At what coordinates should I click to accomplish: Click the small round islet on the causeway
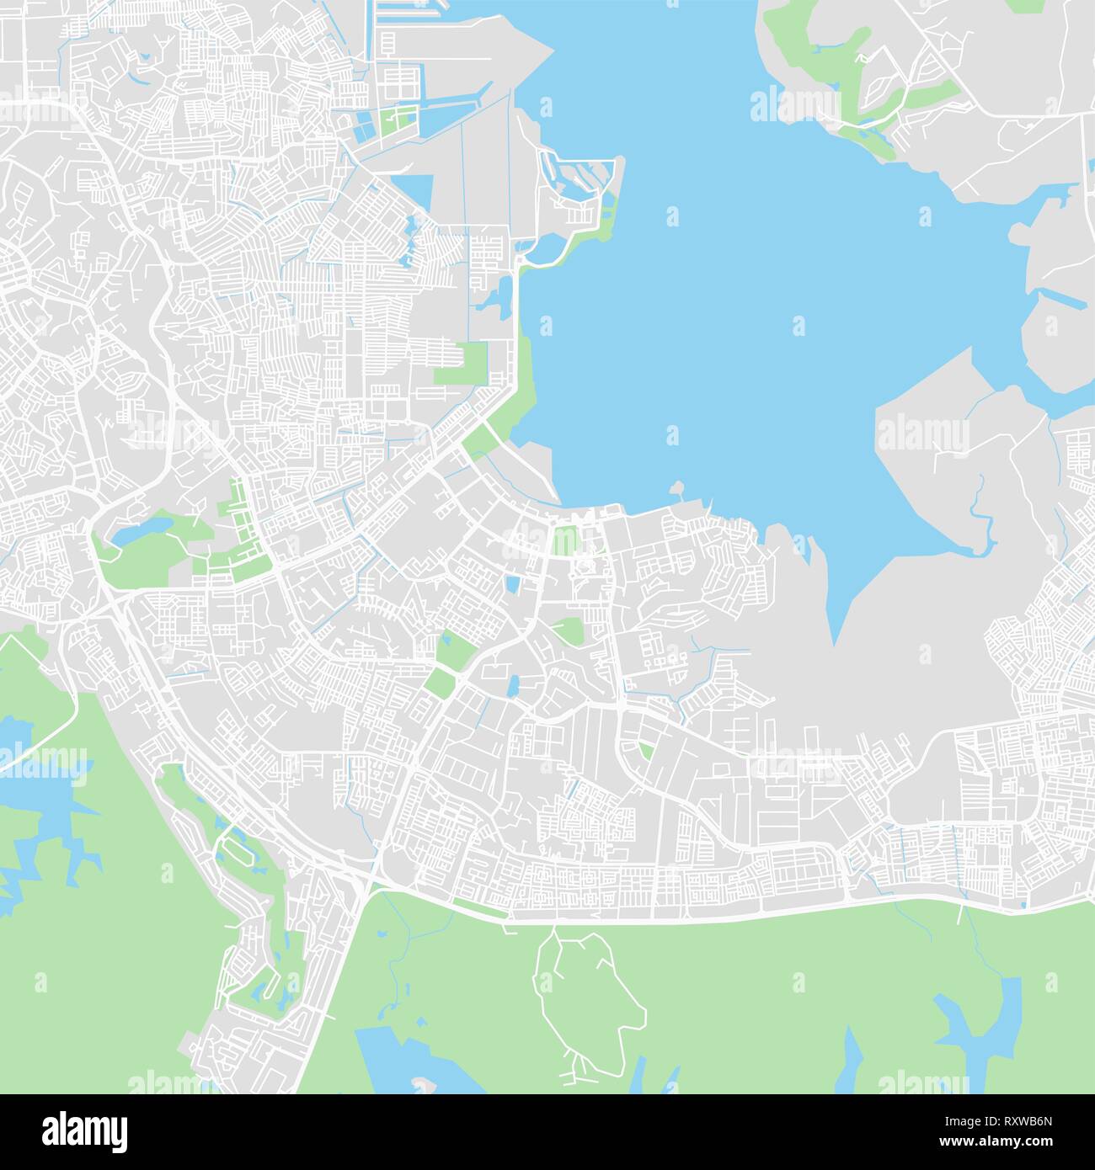click(x=676, y=487)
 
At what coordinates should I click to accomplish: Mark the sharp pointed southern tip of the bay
click(x=833, y=640)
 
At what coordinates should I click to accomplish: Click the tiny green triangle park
click(x=644, y=748)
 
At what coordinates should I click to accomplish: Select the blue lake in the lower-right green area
click(x=977, y=1018)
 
